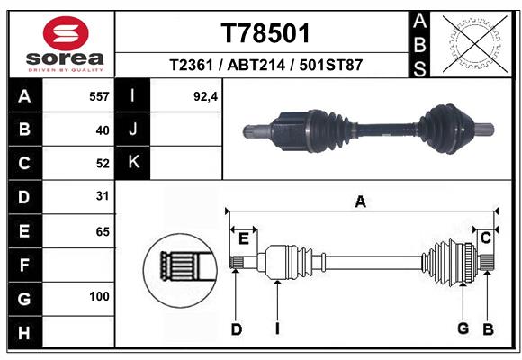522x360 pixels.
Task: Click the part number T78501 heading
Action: pyautogui.click(x=265, y=33)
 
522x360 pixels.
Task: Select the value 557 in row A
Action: pyautogui.click(x=99, y=96)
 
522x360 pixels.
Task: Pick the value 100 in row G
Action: pyautogui.click(x=99, y=297)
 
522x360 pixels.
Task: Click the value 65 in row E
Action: pyautogui.click(x=103, y=231)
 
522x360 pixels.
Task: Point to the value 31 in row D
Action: pyautogui.click(x=103, y=196)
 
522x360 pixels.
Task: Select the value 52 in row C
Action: pyautogui.click(x=103, y=164)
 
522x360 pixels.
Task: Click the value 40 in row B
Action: pyautogui.click(x=103, y=130)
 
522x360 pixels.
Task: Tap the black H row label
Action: pyautogui.click(x=24, y=332)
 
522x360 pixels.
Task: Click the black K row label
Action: pyautogui.click(x=133, y=163)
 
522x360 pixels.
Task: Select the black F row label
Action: pyautogui.click(x=24, y=265)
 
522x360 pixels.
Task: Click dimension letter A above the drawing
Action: pyautogui.click(x=360, y=202)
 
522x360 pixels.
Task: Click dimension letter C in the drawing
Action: pyautogui.click(x=485, y=238)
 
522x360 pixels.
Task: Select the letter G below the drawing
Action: pyautogui.click(x=463, y=328)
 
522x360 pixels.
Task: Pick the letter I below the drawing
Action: pyautogui.click(x=277, y=328)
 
